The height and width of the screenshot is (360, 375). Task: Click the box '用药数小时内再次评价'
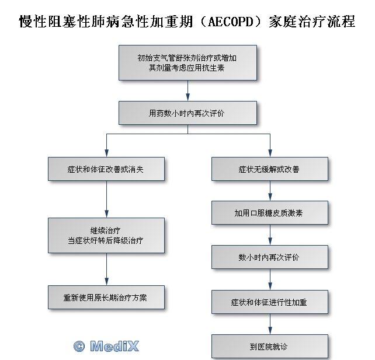[x=187, y=113]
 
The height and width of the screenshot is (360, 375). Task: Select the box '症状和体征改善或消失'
[x=106, y=169]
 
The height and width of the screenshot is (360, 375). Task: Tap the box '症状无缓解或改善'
[x=270, y=169]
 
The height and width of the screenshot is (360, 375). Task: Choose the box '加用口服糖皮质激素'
[x=270, y=212]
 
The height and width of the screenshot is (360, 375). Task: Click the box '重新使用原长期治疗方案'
[x=106, y=298]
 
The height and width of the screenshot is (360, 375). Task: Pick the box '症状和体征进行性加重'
[x=270, y=302]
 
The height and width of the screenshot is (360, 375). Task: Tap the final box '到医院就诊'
[x=270, y=347]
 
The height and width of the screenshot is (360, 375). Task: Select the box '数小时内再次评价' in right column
[x=270, y=257]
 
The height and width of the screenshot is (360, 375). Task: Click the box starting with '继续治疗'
[x=106, y=235]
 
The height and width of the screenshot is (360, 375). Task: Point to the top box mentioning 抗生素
[x=187, y=62]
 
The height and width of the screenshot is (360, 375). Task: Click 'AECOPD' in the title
[x=231, y=22]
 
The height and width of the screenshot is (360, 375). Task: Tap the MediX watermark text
[x=114, y=346]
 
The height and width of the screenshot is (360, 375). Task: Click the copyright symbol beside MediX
[x=79, y=346]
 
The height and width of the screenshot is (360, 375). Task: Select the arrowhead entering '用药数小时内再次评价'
[x=187, y=97]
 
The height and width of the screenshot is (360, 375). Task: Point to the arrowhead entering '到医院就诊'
[x=270, y=331]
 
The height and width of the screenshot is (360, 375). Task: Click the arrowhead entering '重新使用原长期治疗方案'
[x=107, y=282]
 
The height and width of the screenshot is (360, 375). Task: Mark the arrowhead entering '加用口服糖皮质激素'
[x=270, y=197]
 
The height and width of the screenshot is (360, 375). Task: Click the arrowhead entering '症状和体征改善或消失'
[x=107, y=153]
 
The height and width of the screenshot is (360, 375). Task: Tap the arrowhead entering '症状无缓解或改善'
[x=270, y=153]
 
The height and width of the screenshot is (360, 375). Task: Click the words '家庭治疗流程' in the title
[x=312, y=22]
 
